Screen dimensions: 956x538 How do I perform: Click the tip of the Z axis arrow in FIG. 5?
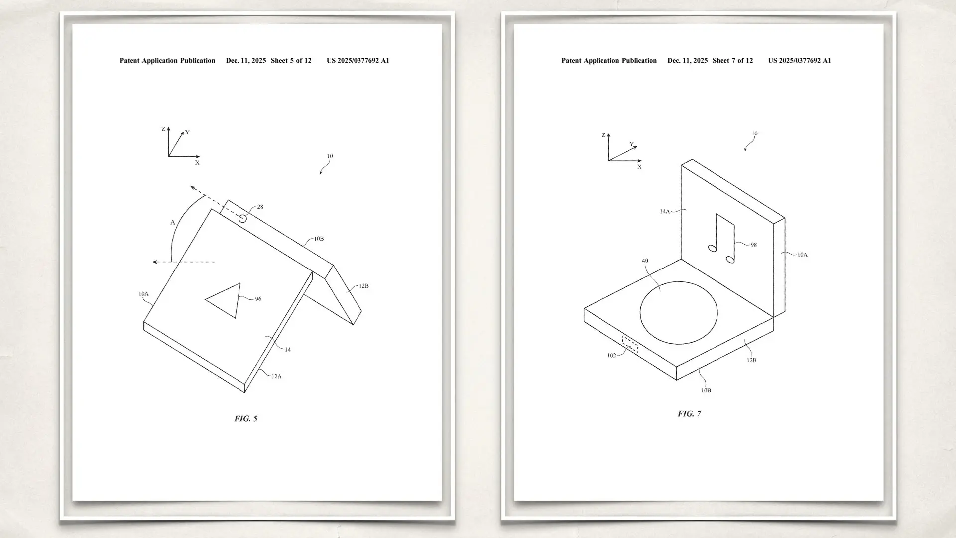click(x=168, y=127)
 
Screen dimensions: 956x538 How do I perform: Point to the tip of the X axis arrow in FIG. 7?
click(x=642, y=161)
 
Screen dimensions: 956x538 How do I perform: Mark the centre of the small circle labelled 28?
click(x=242, y=219)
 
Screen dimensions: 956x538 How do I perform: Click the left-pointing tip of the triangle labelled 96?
click(x=206, y=299)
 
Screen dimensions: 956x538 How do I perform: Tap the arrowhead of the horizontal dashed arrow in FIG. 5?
click(x=153, y=262)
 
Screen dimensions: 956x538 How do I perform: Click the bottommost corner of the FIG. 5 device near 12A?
click(x=245, y=393)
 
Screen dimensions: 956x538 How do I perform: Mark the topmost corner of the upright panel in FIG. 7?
click(x=692, y=160)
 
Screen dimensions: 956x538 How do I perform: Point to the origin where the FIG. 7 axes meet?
click(x=608, y=161)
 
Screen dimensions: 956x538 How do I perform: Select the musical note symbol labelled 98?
click(x=721, y=239)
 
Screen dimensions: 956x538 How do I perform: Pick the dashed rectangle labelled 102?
click(x=630, y=344)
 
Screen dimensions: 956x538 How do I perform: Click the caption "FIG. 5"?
click(x=246, y=419)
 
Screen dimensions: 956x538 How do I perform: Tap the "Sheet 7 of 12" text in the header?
click(x=732, y=61)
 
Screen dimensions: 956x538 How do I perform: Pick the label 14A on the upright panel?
click(x=665, y=212)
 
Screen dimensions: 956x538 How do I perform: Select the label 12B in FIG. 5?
click(x=363, y=286)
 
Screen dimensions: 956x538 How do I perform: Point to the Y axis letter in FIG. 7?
click(x=631, y=144)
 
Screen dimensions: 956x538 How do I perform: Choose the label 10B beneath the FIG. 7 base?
click(x=706, y=391)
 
